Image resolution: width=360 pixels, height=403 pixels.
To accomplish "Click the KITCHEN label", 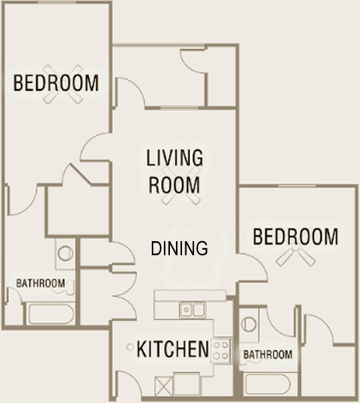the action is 173,349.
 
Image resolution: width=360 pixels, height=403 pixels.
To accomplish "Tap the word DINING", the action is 179,249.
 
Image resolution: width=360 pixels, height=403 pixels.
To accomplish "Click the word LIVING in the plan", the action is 175,157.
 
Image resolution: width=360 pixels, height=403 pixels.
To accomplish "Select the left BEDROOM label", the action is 56,83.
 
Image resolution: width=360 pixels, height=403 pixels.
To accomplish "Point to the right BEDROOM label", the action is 296,236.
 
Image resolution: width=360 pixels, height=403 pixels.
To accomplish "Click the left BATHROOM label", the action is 40,283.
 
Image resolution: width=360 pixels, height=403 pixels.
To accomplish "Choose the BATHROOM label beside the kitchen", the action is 268,355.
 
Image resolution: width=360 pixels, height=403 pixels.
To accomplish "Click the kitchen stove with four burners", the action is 221,351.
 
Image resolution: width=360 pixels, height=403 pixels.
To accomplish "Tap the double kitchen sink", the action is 193,310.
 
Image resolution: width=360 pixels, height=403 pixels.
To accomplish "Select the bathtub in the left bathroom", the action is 51,314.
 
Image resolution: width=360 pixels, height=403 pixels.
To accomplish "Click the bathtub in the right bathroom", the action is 268,384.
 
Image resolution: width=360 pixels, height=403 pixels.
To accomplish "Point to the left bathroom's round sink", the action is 65,253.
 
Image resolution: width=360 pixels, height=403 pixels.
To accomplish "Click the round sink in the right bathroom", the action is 249,324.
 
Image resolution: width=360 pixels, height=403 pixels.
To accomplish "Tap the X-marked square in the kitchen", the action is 164,386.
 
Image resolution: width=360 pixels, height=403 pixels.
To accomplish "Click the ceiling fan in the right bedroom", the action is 296,253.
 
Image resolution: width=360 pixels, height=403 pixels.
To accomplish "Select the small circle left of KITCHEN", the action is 130,347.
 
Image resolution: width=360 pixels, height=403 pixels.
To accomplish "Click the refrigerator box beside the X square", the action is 187,384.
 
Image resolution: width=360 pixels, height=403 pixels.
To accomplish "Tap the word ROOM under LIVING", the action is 174,185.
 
